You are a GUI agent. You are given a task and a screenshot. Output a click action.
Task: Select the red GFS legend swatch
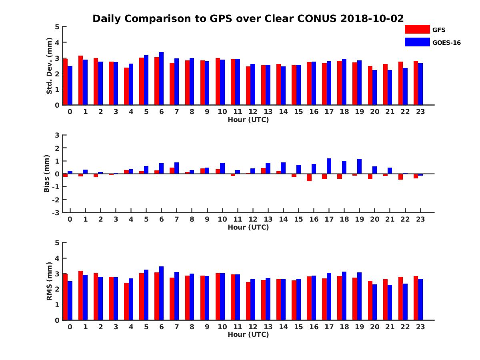coord(417,30)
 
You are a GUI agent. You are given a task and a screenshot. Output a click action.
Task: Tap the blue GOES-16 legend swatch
coord(417,42)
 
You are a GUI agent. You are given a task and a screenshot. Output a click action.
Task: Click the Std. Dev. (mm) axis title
coord(50,66)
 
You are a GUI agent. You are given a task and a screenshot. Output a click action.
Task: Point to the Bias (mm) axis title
coord(47,174)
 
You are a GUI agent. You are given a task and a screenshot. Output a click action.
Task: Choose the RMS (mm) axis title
coord(50,281)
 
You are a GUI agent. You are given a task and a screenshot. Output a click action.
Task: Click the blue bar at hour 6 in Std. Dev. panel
coord(161,78)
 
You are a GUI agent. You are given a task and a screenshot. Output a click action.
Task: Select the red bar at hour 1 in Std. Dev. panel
coord(80,80)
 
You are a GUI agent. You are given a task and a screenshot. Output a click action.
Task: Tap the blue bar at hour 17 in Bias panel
coord(329,166)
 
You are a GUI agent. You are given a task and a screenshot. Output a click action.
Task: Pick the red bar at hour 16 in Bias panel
coord(309,178)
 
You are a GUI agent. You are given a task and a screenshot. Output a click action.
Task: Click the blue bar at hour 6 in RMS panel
coord(161,293)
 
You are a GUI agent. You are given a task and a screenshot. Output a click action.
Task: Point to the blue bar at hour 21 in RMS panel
coord(390,302)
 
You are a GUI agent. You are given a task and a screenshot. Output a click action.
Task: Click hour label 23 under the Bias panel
coord(420,219)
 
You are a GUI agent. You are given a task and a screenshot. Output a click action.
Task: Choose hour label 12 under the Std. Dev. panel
coord(253,112)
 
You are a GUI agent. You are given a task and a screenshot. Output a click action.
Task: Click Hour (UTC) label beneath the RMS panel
coord(248,334)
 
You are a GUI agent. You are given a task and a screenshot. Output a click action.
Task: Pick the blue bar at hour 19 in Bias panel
coord(359,166)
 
